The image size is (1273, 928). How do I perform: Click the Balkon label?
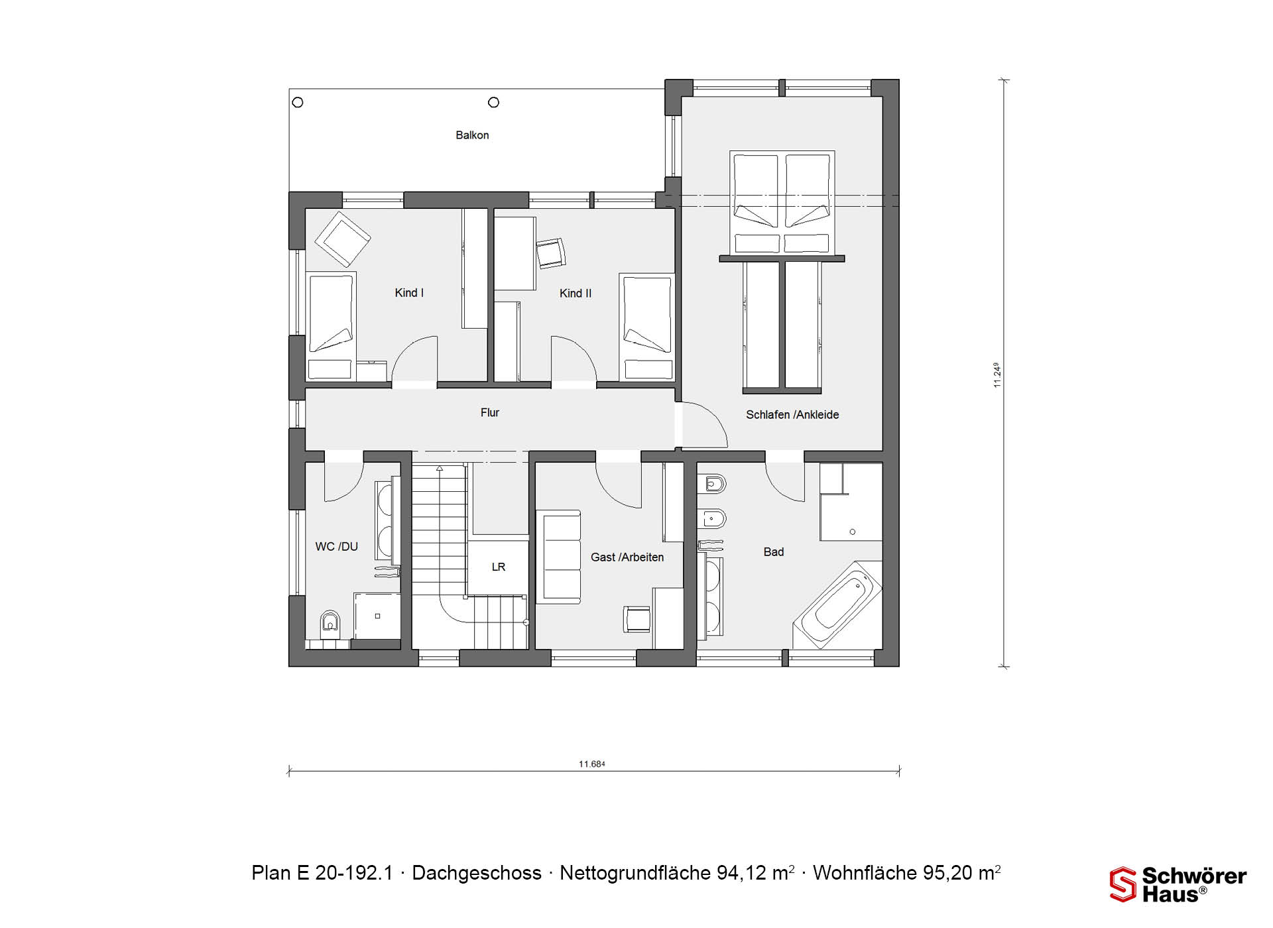[x=472, y=135]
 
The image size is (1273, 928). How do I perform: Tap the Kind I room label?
[x=409, y=293]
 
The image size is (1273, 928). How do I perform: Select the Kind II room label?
[x=576, y=293]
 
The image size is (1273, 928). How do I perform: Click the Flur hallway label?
[x=490, y=412]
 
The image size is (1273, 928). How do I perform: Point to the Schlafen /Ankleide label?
[x=792, y=415]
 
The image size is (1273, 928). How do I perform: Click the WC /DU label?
[x=337, y=547]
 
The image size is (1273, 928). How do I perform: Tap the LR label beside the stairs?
[x=499, y=567]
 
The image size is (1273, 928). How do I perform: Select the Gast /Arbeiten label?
[x=627, y=557]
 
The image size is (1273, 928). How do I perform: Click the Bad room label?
[x=774, y=552]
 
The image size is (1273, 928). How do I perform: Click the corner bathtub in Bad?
[x=838, y=605]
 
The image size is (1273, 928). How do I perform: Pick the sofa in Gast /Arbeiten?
[x=558, y=557]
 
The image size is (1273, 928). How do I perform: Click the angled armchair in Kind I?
[x=342, y=239]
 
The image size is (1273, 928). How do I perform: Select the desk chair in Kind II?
[x=551, y=253]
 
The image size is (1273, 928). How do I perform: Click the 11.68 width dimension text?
[x=591, y=764]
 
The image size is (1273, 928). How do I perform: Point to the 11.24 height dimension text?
[x=997, y=375]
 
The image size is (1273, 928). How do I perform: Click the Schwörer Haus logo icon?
[x=1123, y=884]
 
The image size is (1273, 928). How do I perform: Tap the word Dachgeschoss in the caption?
[x=477, y=873]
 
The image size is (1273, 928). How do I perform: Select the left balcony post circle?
[x=298, y=102]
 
